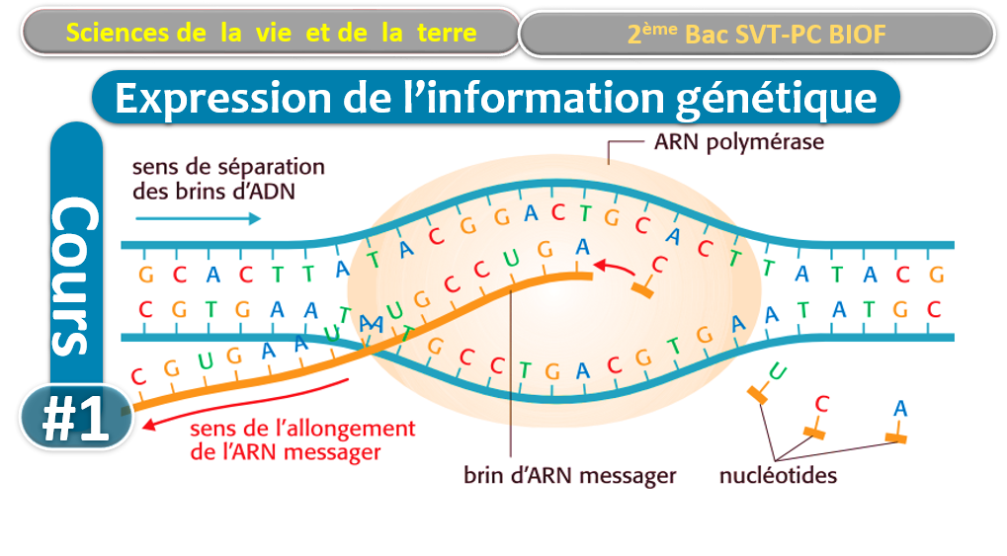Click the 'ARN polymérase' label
(x=738, y=142)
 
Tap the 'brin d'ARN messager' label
(x=570, y=475)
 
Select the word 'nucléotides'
(x=778, y=475)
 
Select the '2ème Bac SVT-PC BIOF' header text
(x=756, y=35)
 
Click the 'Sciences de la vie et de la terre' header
(x=272, y=33)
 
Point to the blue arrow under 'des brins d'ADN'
(x=198, y=218)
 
